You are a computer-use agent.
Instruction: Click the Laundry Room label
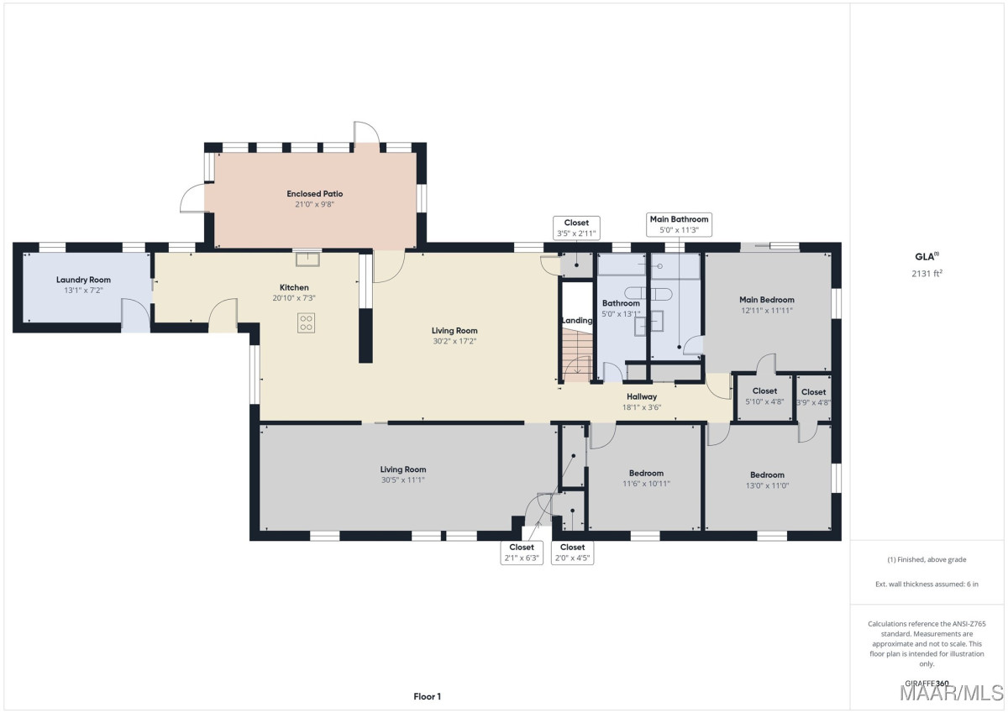[83, 280]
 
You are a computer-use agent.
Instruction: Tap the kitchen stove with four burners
[306, 323]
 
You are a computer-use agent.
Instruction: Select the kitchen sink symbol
[307, 260]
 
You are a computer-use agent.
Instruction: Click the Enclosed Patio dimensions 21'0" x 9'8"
[314, 204]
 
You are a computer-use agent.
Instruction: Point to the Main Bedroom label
[767, 300]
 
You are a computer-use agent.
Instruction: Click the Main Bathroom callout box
[679, 224]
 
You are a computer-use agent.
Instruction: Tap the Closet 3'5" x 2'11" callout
[576, 228]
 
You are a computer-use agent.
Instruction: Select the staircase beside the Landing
[576, 355]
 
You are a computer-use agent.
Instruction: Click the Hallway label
[642, 396]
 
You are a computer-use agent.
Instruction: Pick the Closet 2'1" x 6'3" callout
[522, 553]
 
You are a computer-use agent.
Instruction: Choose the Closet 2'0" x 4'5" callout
[572, 553]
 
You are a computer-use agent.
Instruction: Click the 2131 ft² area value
[927, 273]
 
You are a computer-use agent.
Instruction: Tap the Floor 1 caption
[427, 696]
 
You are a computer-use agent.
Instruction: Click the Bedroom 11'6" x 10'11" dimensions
[646, 484]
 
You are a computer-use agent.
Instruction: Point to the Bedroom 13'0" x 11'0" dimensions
[767, 485]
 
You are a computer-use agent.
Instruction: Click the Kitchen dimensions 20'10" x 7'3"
[294, 298]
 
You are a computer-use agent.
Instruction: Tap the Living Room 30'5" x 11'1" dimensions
[402, 480]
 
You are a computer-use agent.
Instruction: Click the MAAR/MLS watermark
[952, 693]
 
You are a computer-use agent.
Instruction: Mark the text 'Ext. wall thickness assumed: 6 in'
[927, 584]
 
